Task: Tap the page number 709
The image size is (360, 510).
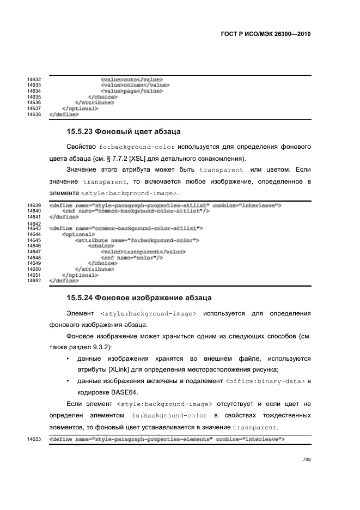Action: [306, 460]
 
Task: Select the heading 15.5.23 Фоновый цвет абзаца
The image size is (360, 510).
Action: [124, 132]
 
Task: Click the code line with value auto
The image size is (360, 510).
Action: [132, 80]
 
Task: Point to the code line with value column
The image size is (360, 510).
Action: [135, 85]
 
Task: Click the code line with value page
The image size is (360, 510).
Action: [132, 91]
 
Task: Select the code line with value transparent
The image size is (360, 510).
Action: [143, 252]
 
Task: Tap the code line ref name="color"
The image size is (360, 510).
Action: [132, 257]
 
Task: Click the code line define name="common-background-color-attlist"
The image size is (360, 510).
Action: [126, 228]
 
